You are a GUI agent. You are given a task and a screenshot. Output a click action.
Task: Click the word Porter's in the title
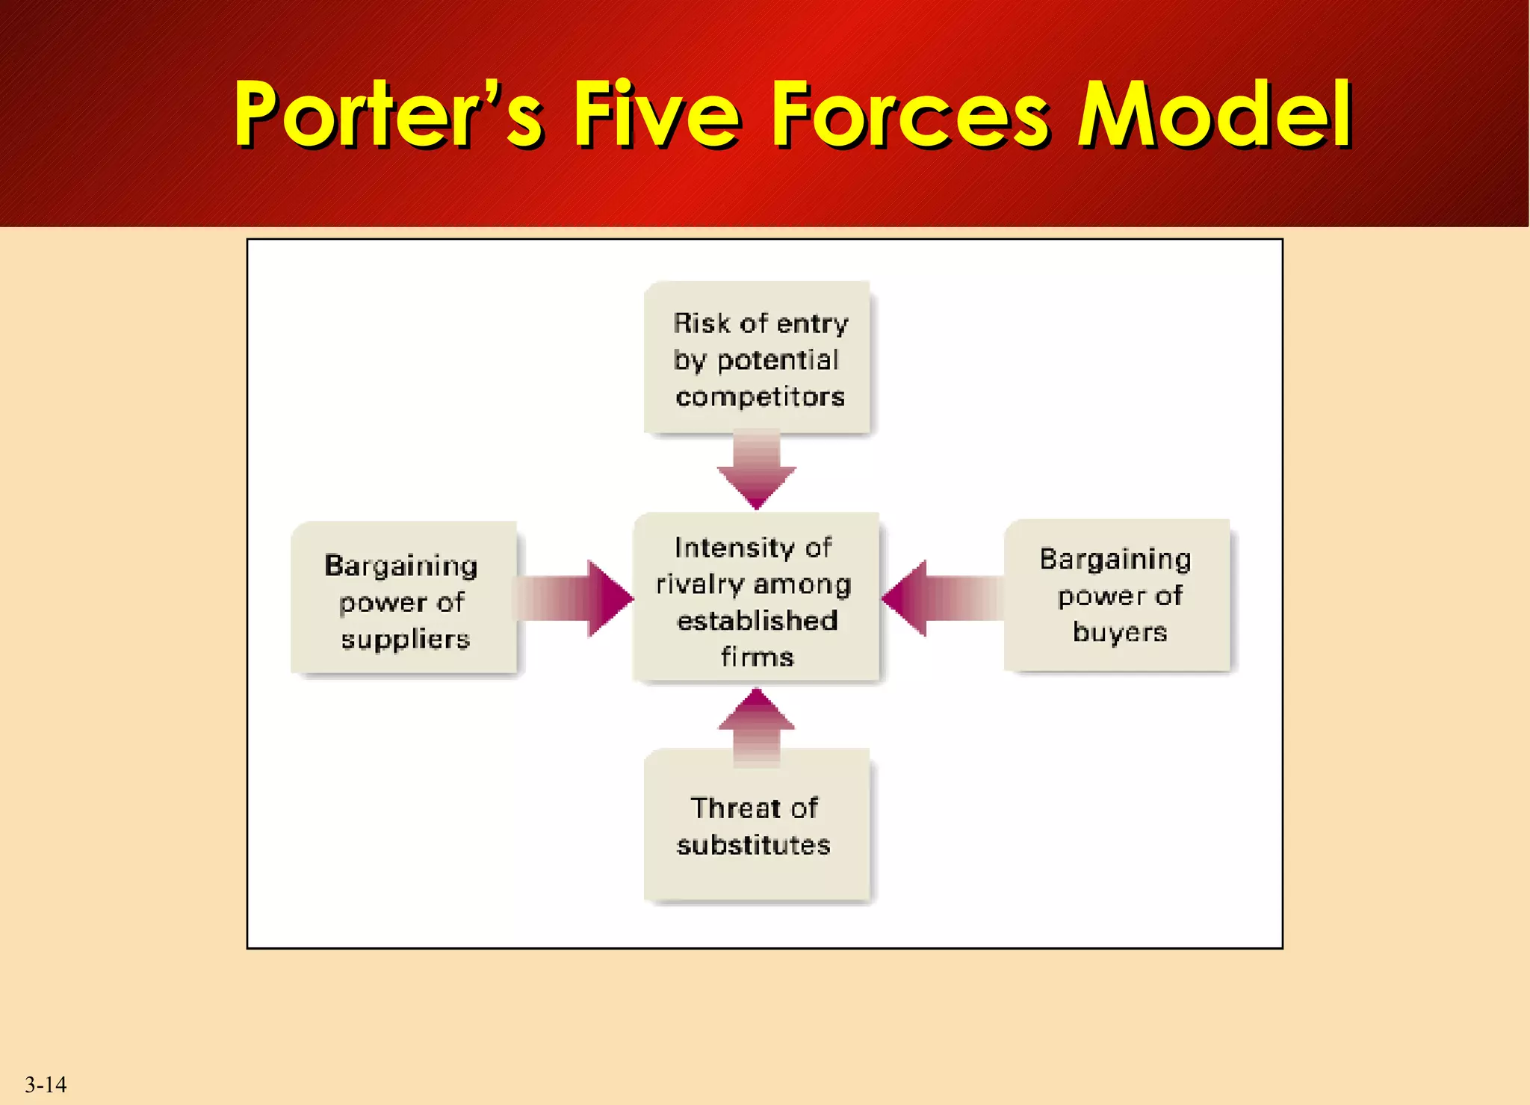point(388,114)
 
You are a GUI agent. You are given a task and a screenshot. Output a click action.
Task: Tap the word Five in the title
point(657,114)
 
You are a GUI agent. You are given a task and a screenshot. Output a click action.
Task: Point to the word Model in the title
point(1214,114)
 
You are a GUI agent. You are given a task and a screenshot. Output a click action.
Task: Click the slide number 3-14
point(46,1084)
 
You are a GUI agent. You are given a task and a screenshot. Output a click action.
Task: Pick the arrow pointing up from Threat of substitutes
point(757,727)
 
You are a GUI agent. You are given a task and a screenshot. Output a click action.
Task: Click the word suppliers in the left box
point(406,640)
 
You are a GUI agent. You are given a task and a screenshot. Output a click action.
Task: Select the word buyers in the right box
point(1120,633)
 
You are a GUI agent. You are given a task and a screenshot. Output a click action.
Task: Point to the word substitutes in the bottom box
point(753,845)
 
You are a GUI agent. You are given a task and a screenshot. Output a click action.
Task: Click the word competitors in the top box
point(760,397)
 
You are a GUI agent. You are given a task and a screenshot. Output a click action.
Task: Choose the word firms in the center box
point(757,657)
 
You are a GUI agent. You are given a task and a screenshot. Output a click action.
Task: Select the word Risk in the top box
point(701,324)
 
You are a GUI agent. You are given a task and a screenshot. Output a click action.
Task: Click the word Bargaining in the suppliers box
point(400,566)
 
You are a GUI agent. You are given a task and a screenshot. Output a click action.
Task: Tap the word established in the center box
point(757,621)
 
